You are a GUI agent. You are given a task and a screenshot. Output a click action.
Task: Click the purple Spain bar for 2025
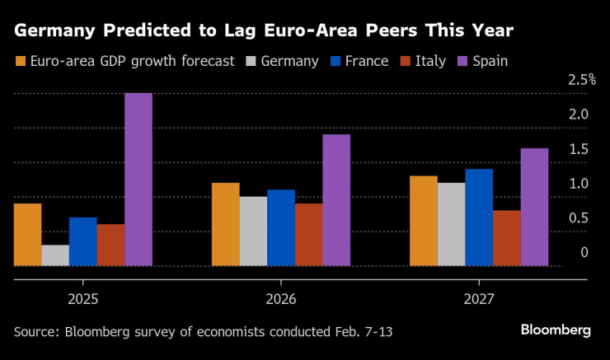[138, 180]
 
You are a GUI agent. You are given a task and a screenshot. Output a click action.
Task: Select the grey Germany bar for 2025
[55, 255]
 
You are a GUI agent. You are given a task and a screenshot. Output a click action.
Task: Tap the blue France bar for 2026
[281, 228]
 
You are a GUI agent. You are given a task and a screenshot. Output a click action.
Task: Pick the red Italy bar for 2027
[506, 238]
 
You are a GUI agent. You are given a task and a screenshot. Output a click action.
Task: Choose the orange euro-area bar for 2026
[225, 224]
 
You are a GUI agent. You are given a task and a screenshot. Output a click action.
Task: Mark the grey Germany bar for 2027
[451, 224]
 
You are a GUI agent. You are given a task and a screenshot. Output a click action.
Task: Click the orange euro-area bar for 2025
[28, 235]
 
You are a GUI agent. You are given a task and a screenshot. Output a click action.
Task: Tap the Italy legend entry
[424, 61]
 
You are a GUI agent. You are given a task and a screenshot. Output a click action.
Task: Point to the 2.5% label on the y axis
[581, 80]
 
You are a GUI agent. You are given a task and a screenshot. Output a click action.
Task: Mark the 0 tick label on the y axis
[584, 252]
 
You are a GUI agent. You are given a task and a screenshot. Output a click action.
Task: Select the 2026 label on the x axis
[281, 297]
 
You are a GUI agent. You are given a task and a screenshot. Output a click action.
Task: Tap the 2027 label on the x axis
[479, 297]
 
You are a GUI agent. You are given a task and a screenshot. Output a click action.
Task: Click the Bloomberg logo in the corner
[556, 330]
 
